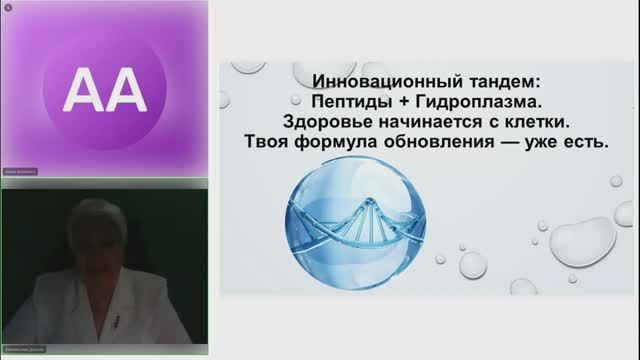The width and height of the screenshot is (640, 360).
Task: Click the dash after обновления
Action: point(509,143)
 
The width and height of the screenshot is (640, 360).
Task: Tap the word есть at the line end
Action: point(589,143)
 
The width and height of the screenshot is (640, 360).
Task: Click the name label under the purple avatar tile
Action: point(22,172)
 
